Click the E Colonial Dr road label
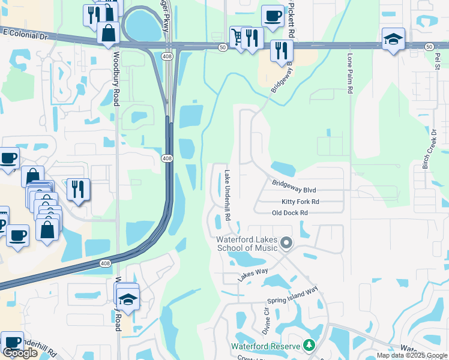(x=23, y=36)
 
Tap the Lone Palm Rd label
(x=349, y=74)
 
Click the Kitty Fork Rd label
(x=300, y=202)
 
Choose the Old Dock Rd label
(x=290, y=213)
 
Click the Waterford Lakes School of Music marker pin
(x=287, y=243)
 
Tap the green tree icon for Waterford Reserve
(x=309, y=345)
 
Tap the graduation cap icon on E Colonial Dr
(x=393, y=39)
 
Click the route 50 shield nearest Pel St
(x=429, y=46)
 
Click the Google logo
(x=20, y=353)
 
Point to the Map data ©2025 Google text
(x=412, y=355)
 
